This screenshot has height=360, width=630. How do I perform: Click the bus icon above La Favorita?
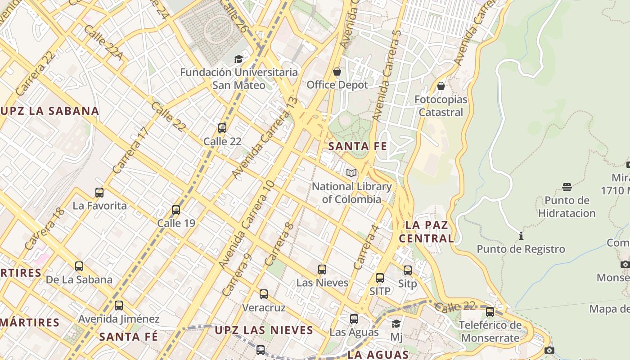click(99, 193)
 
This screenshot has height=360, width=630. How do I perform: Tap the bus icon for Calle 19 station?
click(176, 210)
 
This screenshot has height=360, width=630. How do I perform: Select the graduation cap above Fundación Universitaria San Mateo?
click(238, 59)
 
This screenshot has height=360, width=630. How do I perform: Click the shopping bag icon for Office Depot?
click(337, 72)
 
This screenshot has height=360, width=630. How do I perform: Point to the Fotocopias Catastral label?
click(441, 106)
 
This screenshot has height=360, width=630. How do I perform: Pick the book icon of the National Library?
click(351, 173)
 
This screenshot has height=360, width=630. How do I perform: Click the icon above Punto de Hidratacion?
click(567, 187)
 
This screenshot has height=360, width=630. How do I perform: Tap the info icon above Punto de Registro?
click(521, 236)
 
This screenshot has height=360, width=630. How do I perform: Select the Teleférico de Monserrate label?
click(490, 331)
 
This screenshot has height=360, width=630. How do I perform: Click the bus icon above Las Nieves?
click(322, 270)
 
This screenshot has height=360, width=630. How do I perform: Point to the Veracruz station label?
click(264, 308)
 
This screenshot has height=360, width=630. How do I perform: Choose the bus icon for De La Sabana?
click(79, 266)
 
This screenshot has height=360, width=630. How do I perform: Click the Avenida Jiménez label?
click(119, 319)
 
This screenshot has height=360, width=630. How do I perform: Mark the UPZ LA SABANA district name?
click(49, 111)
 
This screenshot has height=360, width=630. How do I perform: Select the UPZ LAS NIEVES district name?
click(264, 330)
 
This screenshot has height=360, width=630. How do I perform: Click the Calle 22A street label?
click(103, 42)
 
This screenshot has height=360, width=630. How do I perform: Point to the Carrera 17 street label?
click(130, 151)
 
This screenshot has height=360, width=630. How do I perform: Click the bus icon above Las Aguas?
click(354, 319)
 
